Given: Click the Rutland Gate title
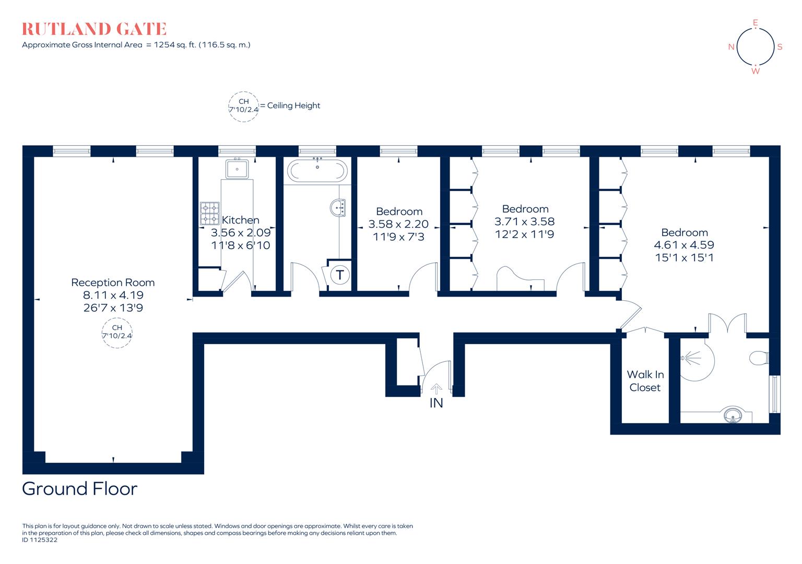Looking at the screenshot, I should click(94, 29).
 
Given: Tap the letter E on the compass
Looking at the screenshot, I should click(755, 22).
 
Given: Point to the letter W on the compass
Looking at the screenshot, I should click(756, 71).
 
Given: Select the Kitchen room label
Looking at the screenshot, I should click(240, 220).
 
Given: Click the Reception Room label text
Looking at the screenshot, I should click(113, 283).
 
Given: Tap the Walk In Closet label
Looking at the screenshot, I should click(645, 381).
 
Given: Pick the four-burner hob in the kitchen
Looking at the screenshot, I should click(209, 213).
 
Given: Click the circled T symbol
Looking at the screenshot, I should click(340, 274).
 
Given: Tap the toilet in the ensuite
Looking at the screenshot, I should click(758, 358).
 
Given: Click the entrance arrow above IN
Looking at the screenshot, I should click(436, 388).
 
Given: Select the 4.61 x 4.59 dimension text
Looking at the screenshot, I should click(684, 245).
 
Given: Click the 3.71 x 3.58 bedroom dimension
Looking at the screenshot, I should click(525, 221).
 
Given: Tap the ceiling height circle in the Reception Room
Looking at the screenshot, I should click(117, 332).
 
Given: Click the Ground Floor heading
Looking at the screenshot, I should click(79, 489).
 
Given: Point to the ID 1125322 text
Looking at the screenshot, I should click(40, 540).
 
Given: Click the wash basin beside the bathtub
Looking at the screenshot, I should click(338, 207).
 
